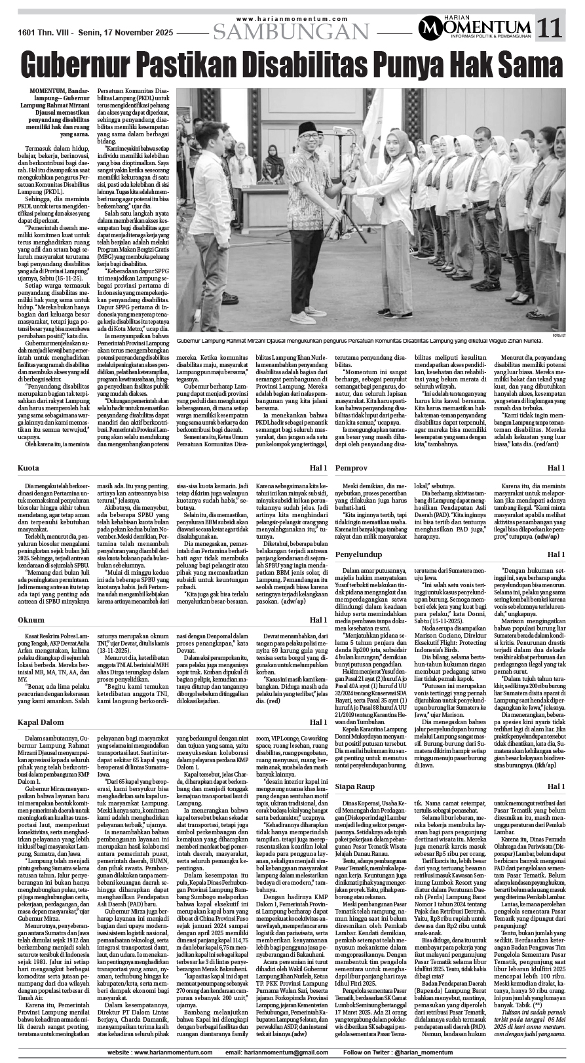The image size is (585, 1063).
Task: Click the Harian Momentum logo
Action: [476, 27]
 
